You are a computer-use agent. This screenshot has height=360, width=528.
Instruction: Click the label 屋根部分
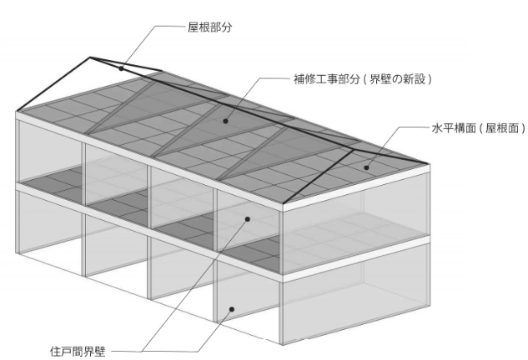point(210,27)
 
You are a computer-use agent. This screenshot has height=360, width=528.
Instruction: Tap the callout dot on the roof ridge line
point(121,68)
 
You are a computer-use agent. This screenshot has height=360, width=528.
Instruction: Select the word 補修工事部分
point(327,79)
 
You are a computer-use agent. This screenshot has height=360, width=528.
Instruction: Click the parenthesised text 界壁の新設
point(397,79)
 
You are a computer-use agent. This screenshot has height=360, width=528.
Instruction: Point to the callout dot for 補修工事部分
point(225,121)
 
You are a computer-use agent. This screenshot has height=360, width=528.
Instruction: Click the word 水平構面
point(454,128)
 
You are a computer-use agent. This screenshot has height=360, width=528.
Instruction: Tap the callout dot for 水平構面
point(366,167)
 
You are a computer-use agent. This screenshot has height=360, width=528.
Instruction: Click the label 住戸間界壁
point(78,352)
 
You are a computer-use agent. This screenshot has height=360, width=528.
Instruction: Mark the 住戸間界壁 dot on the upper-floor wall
point(248,219)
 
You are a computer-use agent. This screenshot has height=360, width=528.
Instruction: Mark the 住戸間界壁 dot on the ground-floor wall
point(231,309)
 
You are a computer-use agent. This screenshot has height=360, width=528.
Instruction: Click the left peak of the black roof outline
point(90,57)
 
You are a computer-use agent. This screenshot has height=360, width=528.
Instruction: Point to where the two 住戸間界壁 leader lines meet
point(142,352)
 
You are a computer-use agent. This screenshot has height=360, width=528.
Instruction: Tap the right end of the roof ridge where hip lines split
point(353,150)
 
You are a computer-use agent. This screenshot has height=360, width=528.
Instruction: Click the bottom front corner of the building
point(282,344)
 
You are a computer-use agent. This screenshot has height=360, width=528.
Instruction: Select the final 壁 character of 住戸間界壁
point(100,352)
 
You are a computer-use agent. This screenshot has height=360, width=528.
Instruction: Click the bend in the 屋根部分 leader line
point(156,26)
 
